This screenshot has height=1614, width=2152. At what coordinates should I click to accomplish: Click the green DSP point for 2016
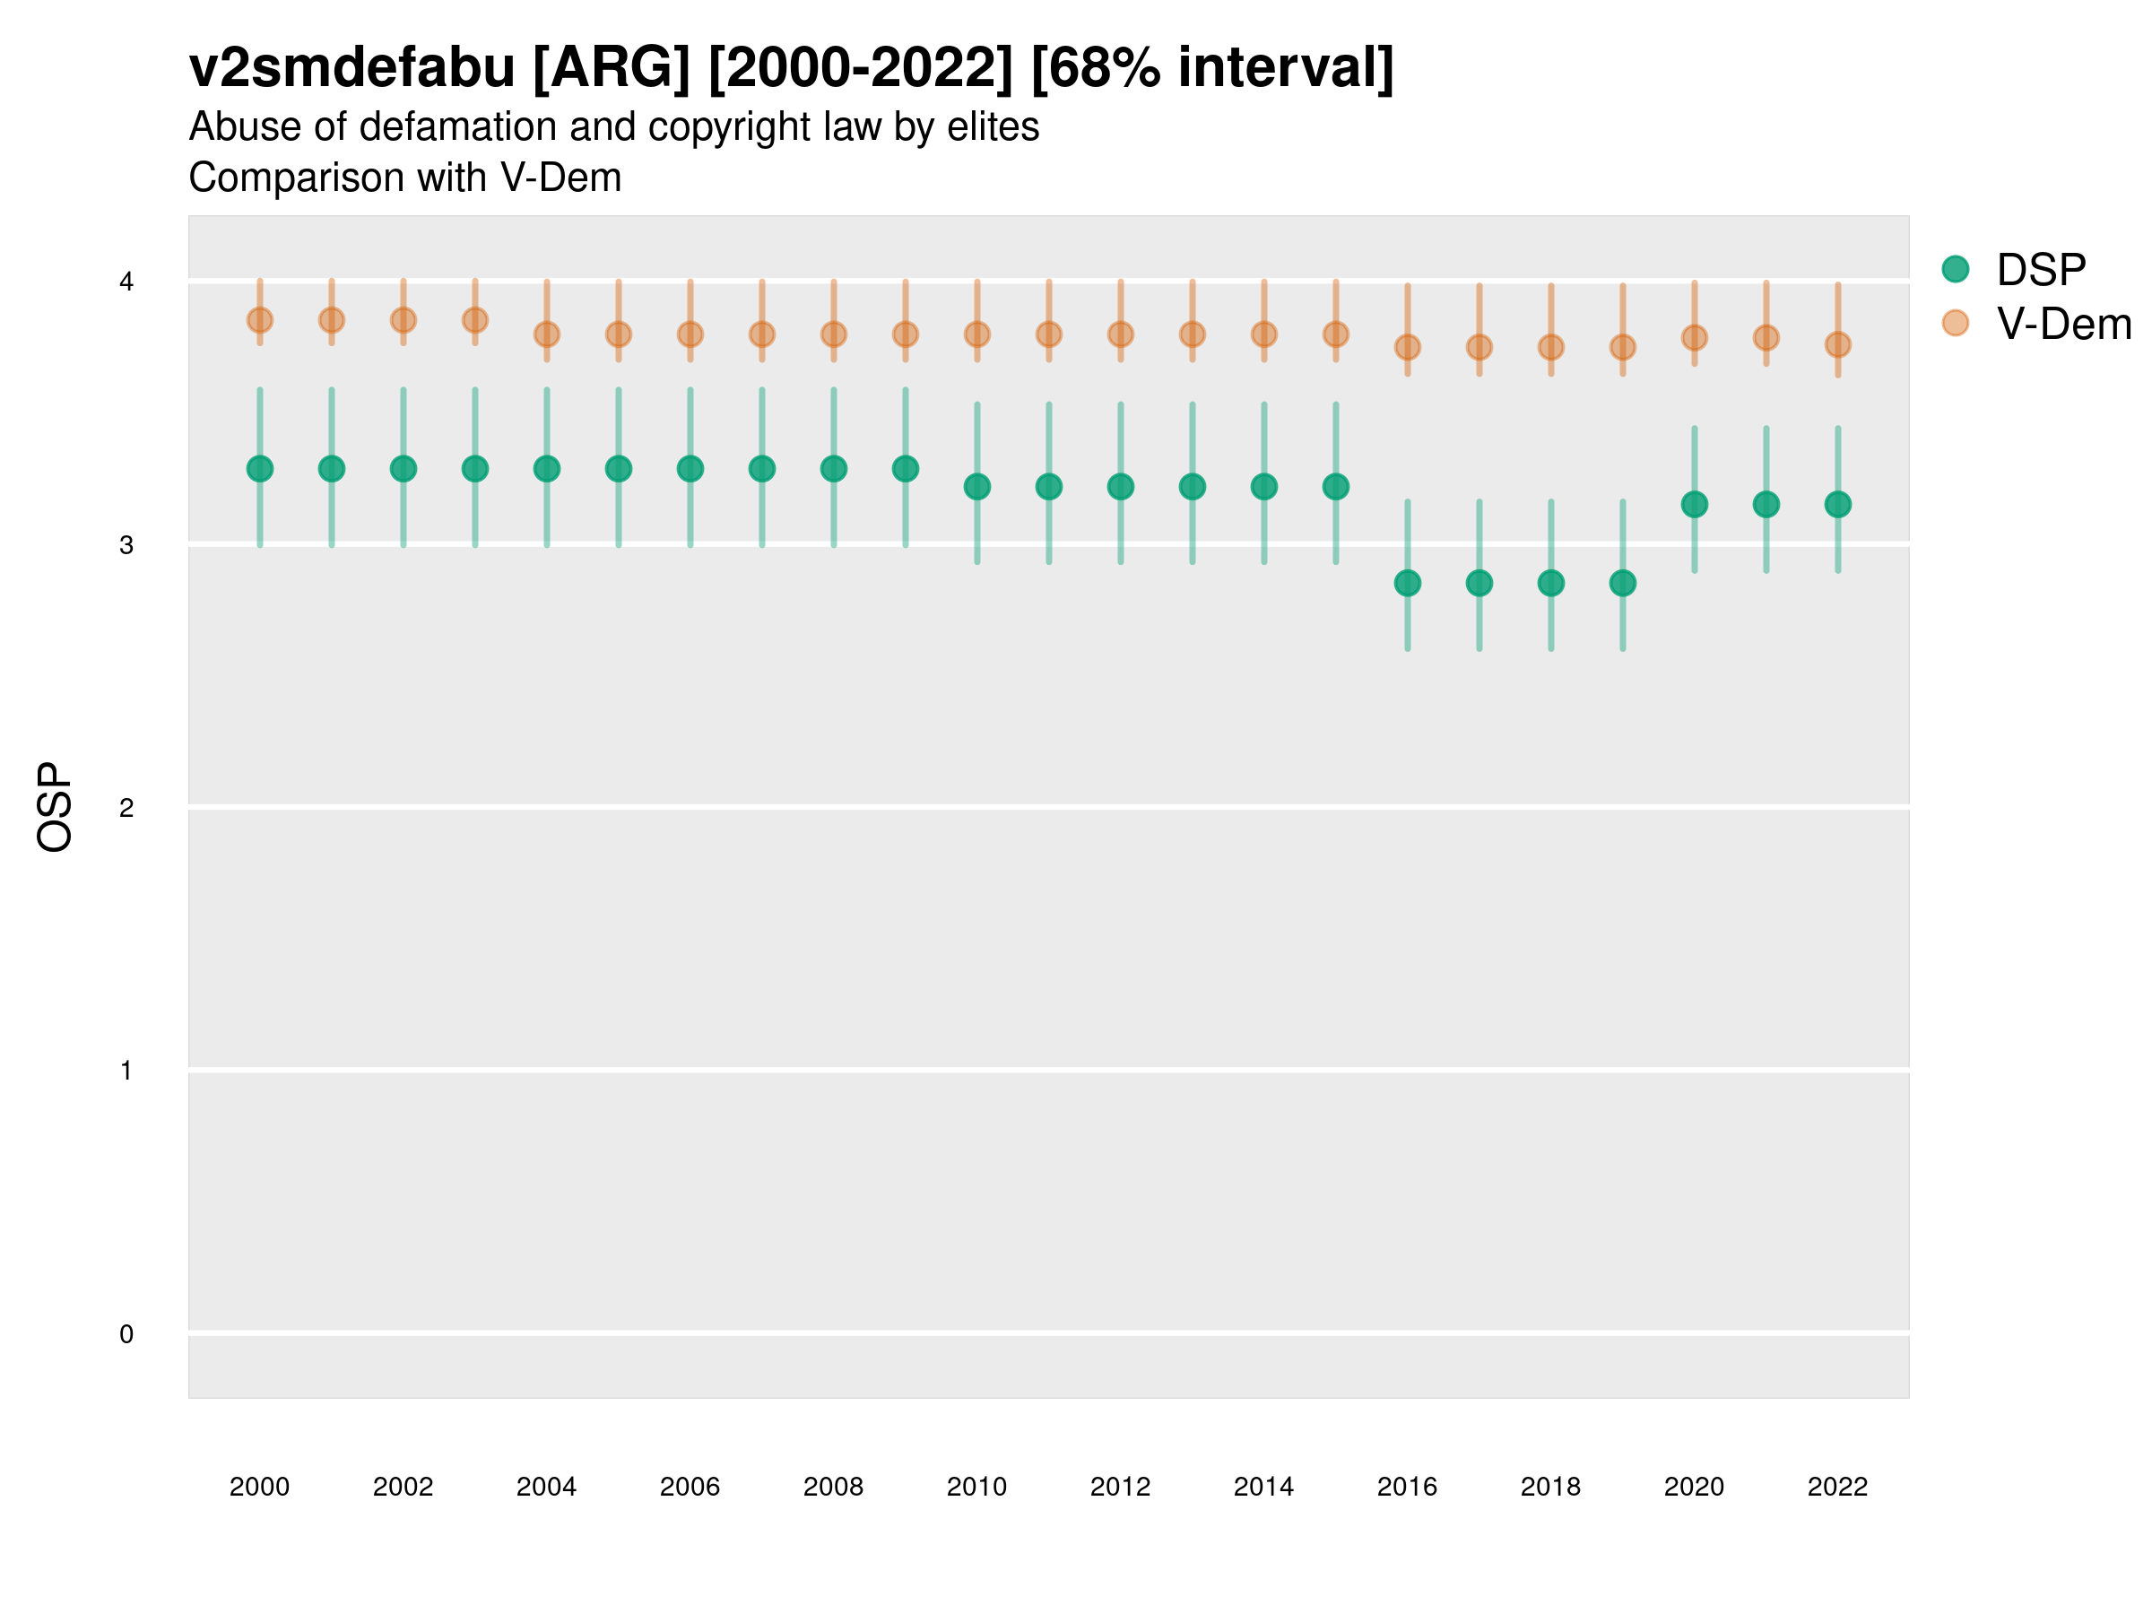[1408, 584]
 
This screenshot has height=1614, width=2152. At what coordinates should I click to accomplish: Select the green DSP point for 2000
[260, 469]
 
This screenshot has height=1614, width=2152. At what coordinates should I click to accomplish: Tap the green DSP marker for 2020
[1695, 505]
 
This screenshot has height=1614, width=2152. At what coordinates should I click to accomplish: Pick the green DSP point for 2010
[976, 486]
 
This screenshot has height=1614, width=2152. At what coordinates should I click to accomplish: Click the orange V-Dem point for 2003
[474, 320]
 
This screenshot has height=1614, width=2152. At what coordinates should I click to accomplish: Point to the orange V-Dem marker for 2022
[1838, 344]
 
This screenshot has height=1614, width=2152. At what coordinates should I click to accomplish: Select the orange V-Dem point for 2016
[1408, 347]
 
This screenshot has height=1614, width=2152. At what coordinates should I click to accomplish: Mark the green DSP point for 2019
[1623, 584]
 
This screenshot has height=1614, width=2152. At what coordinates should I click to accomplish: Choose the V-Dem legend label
[2063, 324]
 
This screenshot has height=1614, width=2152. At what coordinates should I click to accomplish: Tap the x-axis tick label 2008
[834, 1488]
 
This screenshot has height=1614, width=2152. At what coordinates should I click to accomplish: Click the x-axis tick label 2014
[1263, 1488]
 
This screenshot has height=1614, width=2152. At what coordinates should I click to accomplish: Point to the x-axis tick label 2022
[1838, 1488]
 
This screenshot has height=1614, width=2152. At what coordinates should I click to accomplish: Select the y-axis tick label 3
[126, 546]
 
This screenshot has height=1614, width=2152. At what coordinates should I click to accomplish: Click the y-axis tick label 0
[126, 1335]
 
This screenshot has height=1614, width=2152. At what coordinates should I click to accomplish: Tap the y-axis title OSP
[56, 808]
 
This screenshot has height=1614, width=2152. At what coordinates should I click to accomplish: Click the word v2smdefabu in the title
[352, 68]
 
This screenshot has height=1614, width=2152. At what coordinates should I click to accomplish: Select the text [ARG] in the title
[612, 68]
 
